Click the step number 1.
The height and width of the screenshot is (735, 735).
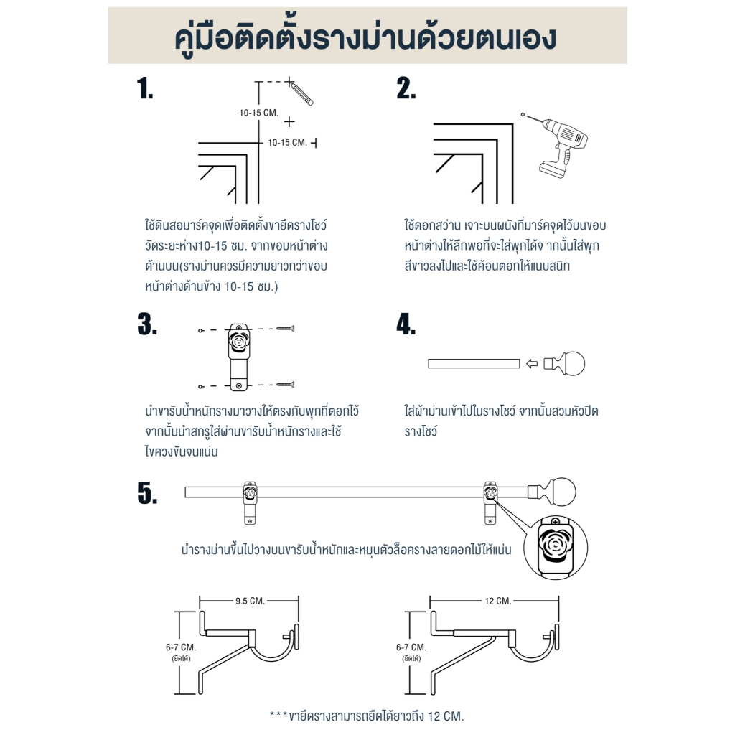[x=145, y=88]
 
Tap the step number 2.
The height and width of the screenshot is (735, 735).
[x=406, y=88]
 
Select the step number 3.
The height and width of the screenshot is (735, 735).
[x=147, y=324]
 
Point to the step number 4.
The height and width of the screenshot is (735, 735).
[x=406, y=324]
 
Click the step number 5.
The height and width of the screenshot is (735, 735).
[x=147, y=493]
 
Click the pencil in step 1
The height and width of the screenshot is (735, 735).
[x=301, y=93]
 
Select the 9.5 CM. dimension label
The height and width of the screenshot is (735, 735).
[x=250, y=601]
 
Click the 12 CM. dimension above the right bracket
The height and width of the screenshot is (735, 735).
[x=498, y=601]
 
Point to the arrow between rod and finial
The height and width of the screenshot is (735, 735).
[x=532, y=364]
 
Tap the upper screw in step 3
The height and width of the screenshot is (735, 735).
[x=285, y=329]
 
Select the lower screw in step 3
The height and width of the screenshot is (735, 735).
[x=285, y=385]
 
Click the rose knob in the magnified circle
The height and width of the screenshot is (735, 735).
[x=556, y=546]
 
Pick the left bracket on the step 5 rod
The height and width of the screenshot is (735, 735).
[x=251, y=502]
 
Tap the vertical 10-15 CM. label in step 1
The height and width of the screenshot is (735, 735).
[x=258, y=113]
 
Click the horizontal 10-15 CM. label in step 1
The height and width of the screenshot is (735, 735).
[x=287, y=143]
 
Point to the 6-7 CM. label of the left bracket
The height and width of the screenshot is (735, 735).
[x=180, y=647]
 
